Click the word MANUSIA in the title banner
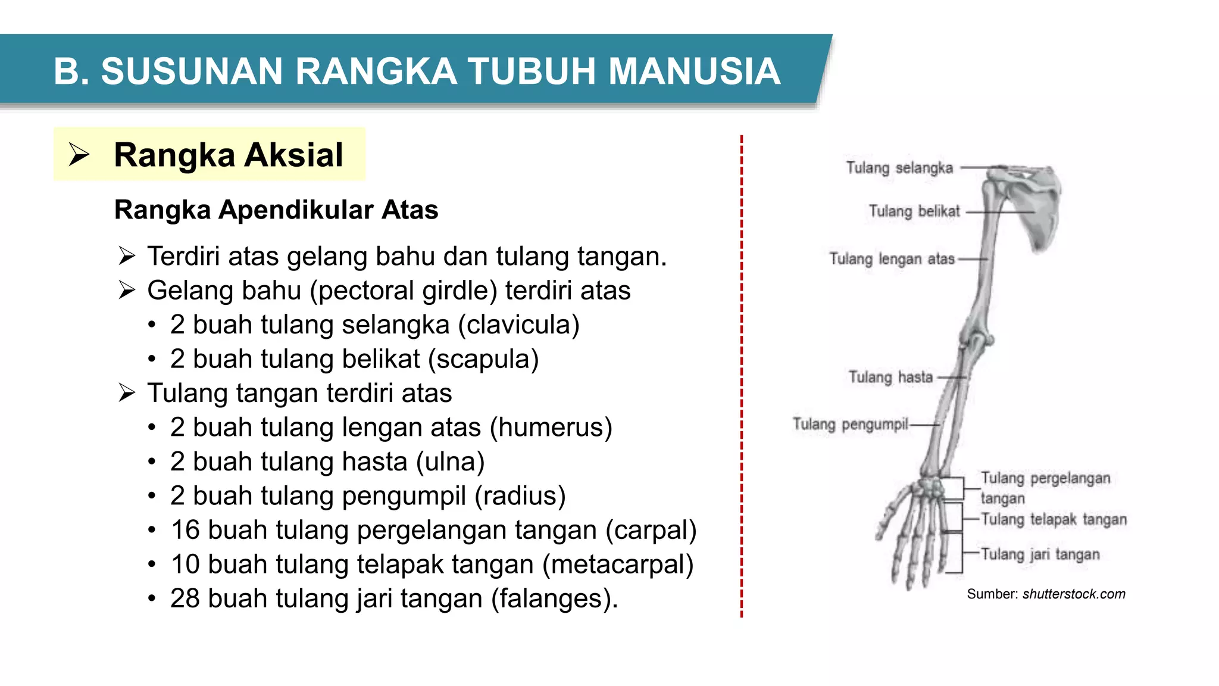pyautogui.click(x=694, y=71)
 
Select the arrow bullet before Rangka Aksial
pyautogui.click(x=79, y=155)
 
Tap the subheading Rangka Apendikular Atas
pyautogui.click(x=276, y=210)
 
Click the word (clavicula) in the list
pyautogui.click(x=518, y=325)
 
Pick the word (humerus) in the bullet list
pyautogui.click(x=551, y=428)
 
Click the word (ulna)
pyautogui.click(x=451, y=462)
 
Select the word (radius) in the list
pyautogui.click(x=520, y=496)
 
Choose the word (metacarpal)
pyautogui.click(x=618, y=565)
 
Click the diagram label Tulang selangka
pyautogui.click(x=899, y=168)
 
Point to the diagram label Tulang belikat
pyautogui.click(x=914, y=211)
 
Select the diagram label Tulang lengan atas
pyautogui.click(x=892, y=259)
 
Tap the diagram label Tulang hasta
pyautogui.click(x=890, y=377)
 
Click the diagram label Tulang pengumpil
pyautogui.click(x=850, y=424)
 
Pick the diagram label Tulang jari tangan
pyautogui.click(x=1040, y=554)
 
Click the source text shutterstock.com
pyautogui.click(x=1074, y=594)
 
